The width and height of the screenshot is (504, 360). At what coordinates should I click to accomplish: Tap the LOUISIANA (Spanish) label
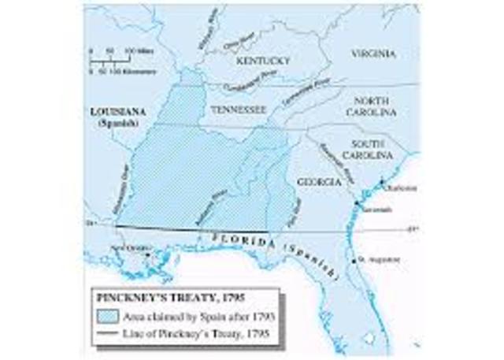coord(113,117)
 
